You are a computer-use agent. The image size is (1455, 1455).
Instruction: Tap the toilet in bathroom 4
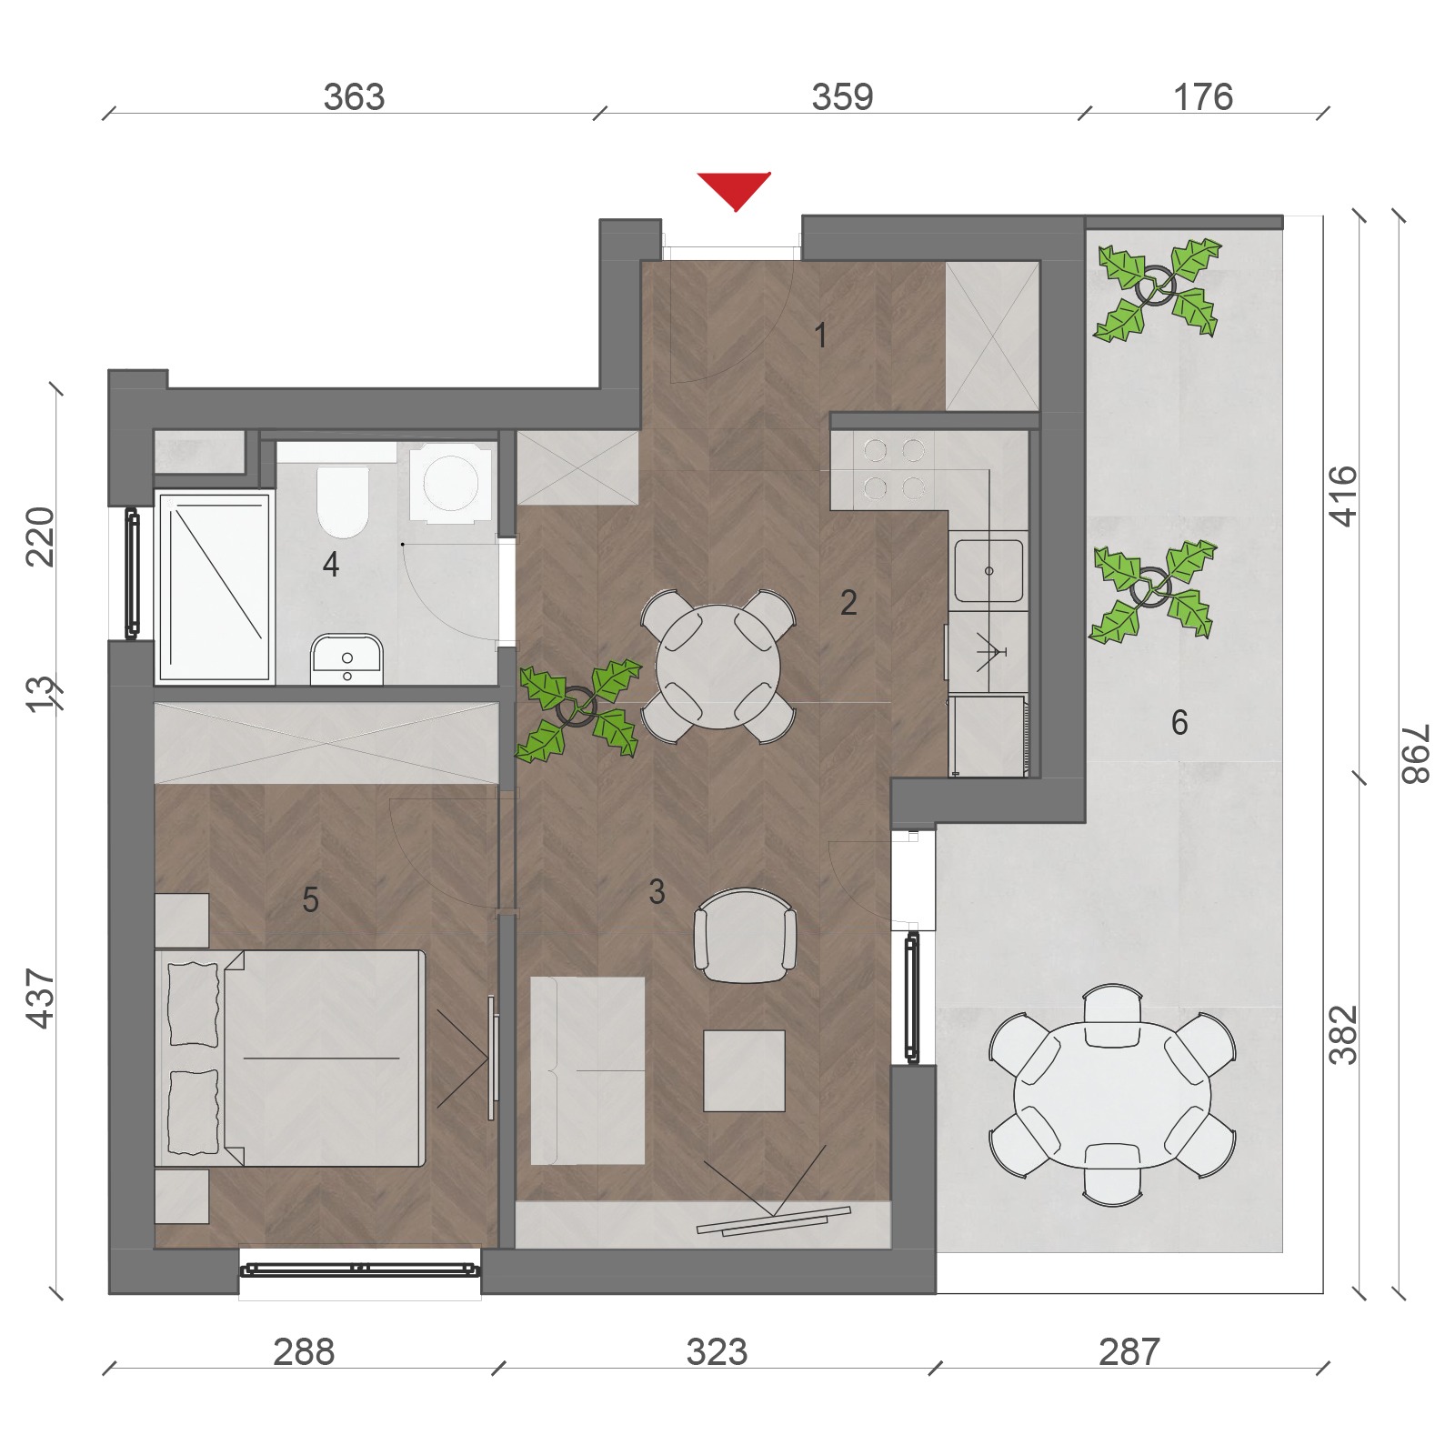343,501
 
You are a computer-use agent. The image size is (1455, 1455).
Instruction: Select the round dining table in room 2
718,667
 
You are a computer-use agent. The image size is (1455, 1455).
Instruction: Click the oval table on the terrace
1112,1094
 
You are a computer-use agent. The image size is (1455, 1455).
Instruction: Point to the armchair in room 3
746,936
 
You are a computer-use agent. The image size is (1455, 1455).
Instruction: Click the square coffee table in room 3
744,1070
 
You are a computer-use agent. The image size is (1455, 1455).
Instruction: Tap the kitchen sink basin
988,571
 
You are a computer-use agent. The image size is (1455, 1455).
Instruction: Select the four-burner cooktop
894,469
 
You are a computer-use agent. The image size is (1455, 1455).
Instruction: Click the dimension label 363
354,97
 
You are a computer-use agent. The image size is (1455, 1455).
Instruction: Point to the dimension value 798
1416,754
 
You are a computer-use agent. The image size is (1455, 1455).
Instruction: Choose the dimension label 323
717,1352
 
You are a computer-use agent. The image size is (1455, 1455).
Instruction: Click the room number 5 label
310,900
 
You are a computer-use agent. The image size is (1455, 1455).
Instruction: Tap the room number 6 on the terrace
1179,723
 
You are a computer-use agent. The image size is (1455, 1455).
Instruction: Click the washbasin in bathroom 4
346,658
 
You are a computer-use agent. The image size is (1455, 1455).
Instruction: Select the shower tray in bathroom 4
216,587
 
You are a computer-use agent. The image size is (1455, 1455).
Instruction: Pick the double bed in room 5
290,1059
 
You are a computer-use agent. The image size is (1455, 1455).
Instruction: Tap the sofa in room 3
587,1070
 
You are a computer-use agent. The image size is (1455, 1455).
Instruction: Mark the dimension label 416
1343,497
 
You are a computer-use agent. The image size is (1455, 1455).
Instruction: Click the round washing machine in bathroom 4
452,483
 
